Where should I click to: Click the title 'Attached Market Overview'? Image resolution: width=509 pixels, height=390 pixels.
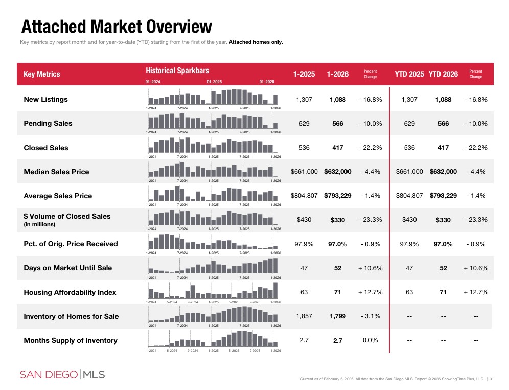click(117, 27)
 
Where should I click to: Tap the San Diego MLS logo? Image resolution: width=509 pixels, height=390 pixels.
click(62, 375)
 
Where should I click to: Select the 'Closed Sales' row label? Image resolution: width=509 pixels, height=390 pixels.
click(46, 148)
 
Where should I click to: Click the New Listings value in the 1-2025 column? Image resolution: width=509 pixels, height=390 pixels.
click(304, 100)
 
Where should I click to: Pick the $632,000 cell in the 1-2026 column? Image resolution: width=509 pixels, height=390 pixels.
click(337, 172)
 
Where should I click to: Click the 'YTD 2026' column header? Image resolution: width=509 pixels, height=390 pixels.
click(443, 74)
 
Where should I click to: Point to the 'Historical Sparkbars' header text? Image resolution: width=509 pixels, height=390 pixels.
click(177, 71)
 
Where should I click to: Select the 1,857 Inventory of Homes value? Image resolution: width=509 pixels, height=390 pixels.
click(304, 316)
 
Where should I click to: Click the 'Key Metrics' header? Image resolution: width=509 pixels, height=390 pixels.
click(42, 74)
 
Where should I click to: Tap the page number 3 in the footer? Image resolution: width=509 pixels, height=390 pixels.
click(491, 379)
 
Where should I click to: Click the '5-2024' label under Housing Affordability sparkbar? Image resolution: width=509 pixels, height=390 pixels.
click(172, 302)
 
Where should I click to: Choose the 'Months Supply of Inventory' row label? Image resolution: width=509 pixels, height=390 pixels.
click(71, 341)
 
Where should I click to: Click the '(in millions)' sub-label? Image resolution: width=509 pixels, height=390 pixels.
click(40, 225)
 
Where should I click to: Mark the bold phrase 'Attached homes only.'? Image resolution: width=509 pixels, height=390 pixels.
click(256, 42)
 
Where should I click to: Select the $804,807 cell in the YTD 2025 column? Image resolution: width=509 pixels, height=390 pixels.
click(409, 196)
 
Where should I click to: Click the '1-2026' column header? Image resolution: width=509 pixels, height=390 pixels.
click(337, 74)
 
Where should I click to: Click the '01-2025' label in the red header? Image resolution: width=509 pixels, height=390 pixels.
click(214, 82)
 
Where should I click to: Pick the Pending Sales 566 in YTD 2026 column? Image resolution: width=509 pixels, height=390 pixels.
click(443, 124)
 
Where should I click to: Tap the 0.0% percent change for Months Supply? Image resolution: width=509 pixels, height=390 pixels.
click(370, 340)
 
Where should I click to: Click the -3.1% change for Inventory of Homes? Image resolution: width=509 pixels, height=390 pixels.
click(370, 316)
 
